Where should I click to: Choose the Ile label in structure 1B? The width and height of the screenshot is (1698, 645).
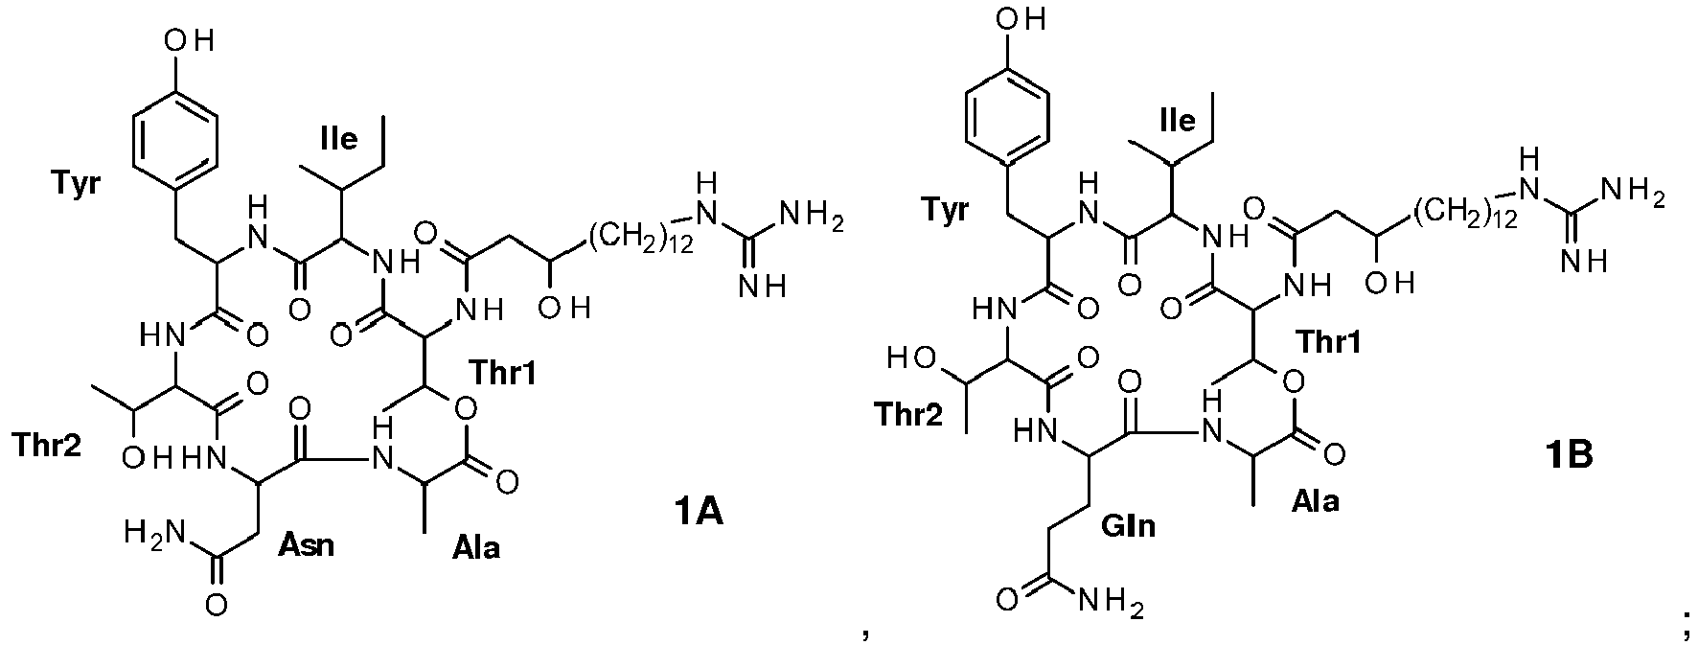[1178, 121]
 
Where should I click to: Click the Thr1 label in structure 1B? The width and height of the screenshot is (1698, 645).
[1329, 342]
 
